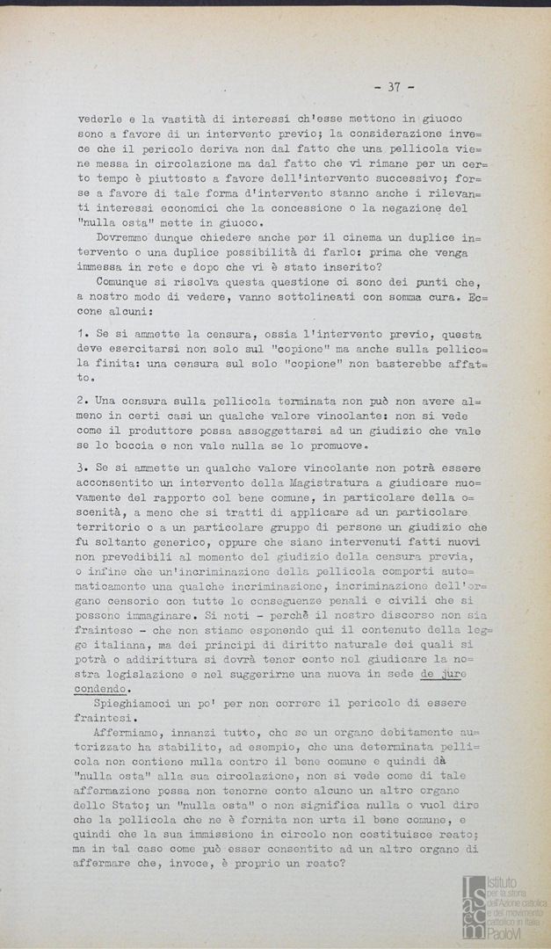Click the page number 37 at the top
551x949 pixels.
click(393, 86)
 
